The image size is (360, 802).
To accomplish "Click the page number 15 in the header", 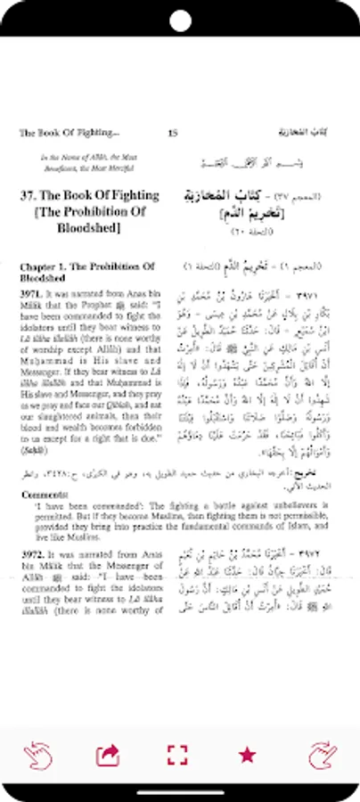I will pyautogui.click(x=173, y=134).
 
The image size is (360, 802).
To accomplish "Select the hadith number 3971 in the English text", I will pyautogui.click(x=32, y=291).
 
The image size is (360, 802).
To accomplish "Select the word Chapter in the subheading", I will pyautogui.click(x=37, y=266).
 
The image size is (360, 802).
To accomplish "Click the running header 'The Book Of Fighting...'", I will pyautogui.click(x=69, y=134).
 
